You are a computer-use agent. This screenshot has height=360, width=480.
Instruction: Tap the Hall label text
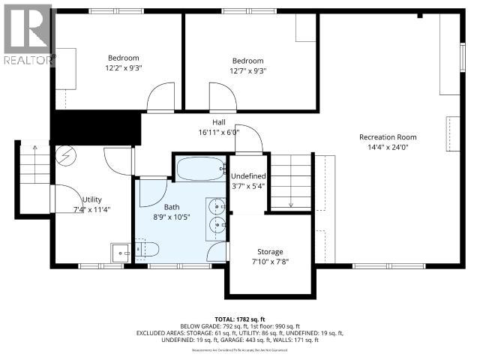(x=218, y=121)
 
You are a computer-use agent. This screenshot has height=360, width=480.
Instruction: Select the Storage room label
(x=269, y=252)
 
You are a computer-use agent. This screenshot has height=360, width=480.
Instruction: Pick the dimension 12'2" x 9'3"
(x=123, y=68)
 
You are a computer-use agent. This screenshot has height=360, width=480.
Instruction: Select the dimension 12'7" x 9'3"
(x=247, y=71)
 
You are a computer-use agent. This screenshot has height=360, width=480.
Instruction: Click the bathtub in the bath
(x=199, y=169)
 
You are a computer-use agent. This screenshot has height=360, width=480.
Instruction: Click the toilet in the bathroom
(x=145, y=250)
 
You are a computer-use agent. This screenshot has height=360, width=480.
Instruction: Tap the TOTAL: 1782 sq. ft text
(x=239, y=318)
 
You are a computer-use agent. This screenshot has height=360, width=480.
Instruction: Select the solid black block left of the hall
(x=95, y=127)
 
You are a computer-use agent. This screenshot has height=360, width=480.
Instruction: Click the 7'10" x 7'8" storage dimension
(x=269, y=262)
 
